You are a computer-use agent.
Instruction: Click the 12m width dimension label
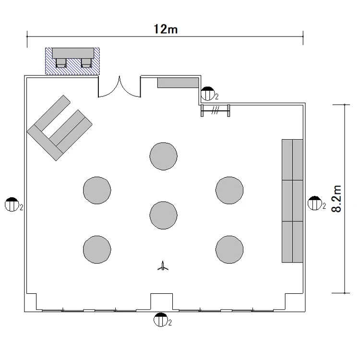coord(165,29)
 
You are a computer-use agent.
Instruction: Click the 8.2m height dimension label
coord(337,199)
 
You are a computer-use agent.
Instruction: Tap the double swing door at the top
coord(120,87)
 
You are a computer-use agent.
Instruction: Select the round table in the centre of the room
coord(164,216)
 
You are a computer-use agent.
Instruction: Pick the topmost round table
coord(164,156)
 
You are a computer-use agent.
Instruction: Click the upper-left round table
coord(97,191)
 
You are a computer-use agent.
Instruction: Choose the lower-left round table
coord(97,250)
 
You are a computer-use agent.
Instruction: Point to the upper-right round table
coord(229,191)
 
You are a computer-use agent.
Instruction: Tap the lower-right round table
coord(229,250)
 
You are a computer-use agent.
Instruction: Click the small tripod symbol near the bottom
coord(163,266)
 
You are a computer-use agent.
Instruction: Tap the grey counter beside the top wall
coord(178,83)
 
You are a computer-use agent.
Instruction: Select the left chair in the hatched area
coord(61,63)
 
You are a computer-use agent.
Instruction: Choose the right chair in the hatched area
coord(86,63)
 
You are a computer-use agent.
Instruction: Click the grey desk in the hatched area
coord(73,53)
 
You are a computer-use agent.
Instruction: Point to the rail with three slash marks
coord(215,111)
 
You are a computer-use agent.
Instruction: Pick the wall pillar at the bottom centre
coord(162,301)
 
